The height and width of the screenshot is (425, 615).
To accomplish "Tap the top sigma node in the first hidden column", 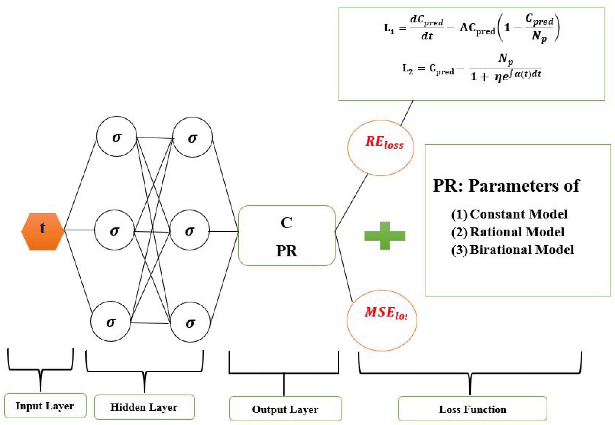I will point(116,136).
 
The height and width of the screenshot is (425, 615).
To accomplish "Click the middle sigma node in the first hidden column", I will point(114,230).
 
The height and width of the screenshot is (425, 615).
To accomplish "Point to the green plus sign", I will point(385,236).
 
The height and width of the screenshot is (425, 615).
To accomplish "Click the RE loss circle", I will point(381,148).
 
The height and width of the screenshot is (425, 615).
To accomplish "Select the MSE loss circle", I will point(382,320).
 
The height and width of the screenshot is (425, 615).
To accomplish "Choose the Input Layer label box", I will point(45,406).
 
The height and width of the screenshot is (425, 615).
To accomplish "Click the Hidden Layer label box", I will point(144,407).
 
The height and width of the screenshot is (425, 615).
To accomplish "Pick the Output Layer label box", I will point(285,409).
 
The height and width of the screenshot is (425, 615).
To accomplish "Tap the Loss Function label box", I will point(472,409).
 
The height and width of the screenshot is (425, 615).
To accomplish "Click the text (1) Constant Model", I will point(509,214).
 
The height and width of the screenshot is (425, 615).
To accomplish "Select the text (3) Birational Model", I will point(512,250).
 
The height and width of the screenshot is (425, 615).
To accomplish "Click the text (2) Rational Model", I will point(508,232).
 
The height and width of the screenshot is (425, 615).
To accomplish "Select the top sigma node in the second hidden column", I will point(192,137).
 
